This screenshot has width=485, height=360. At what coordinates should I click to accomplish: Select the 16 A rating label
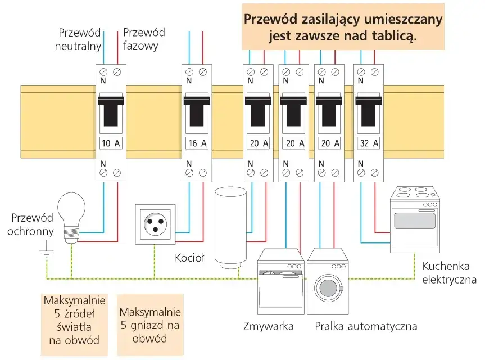196,143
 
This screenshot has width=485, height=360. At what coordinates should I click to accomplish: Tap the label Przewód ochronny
32,224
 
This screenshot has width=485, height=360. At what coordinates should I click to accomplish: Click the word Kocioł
189,258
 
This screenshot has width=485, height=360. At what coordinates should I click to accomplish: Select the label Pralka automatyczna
365,326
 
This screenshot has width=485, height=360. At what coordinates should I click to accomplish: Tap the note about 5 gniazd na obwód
150,325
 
